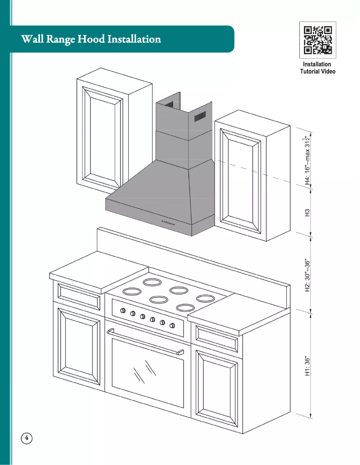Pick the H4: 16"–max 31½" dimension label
[308, 160]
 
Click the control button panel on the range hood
[168, 223]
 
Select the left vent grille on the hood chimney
[169, 104]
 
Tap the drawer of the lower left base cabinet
[79, 296]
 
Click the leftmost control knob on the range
[122, 310]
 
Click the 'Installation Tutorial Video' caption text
[317, 68]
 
